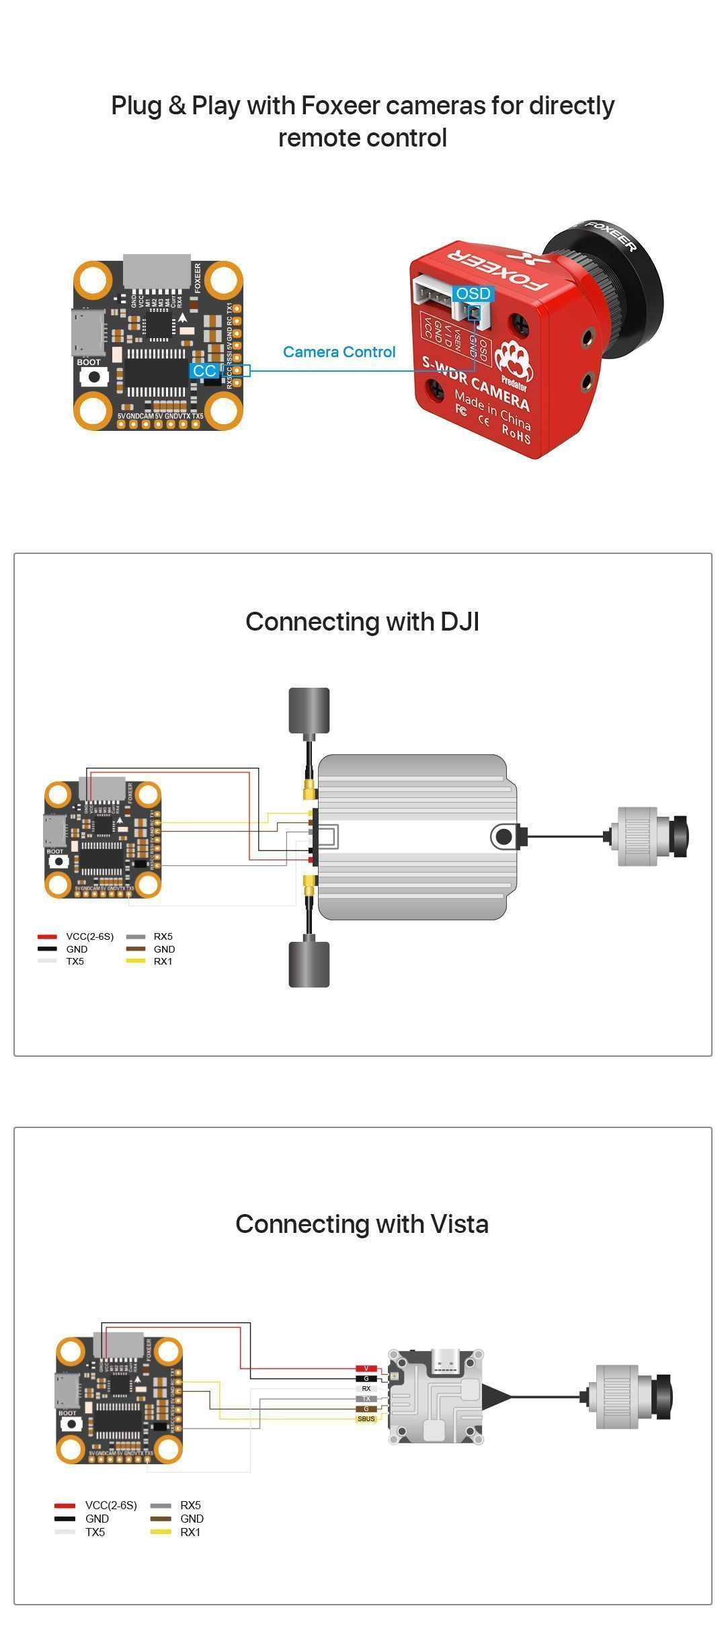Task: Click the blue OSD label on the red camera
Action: [473, 294]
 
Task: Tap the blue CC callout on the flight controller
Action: [204, 371]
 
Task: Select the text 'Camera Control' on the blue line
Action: [339, 352]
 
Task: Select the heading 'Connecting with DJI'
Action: [362, 622]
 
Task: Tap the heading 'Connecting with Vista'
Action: [362, 1224]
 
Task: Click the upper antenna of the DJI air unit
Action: [309, 711]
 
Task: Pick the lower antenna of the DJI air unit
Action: [309, 964]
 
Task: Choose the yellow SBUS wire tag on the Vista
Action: [366, 1418]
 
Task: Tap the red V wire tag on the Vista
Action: [366, 1369]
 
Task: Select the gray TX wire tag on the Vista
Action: [366, 1398]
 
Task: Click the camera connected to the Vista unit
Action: [629, 1397]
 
